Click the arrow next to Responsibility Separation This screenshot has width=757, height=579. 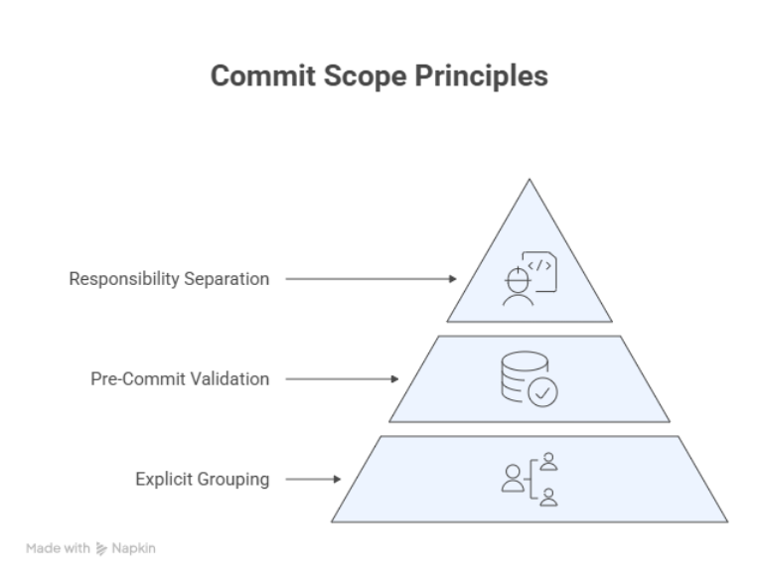point(371,279)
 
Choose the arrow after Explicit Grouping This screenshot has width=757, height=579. point(313,480)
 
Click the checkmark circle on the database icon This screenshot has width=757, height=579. point(542,393)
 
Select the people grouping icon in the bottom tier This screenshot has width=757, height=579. point(530,480)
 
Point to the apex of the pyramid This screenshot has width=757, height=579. point(530,181)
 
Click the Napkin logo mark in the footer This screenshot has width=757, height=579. point(102,548)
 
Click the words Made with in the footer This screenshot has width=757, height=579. point(59,548)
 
